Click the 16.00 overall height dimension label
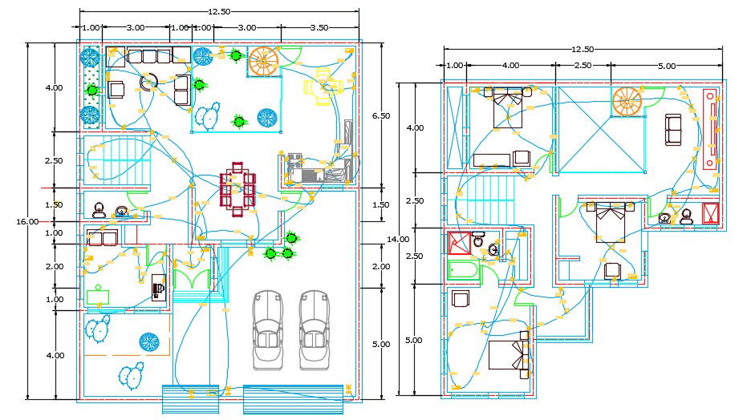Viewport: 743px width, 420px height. pyautogui.click(x=27, y=222)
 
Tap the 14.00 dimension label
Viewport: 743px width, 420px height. pyautogui.click(x=398, y=239)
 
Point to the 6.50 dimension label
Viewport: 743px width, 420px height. pyautogui.click(x=382, y=116)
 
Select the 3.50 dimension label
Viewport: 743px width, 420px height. pyautogui.click(x=319, y=27)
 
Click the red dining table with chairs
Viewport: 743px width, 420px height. pyautogui.click(x=238, y=190)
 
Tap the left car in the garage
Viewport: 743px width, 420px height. pyautogui.click(x=267, y=329)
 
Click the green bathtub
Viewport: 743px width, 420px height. pyautogui.click(x=463, y=270)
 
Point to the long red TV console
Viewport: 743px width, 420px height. pyautogui.click(x=710, y=129)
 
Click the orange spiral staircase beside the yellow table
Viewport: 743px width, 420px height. pyautogui.click(x=263, y=62)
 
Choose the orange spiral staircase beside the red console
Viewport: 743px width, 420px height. pyautogui.click(x=627, y=101)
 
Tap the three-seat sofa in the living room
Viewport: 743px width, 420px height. pyautogui.click(x=150, y=56)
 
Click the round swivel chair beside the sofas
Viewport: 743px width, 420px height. pyautogui.click(x=148, y=82)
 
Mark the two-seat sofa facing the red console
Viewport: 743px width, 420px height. pyautogui.click(x=672, y=130)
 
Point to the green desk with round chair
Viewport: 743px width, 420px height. pyautogui.click(x=98, y=296)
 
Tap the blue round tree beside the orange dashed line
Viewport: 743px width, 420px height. pyautogui.click(x=148, y=342)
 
